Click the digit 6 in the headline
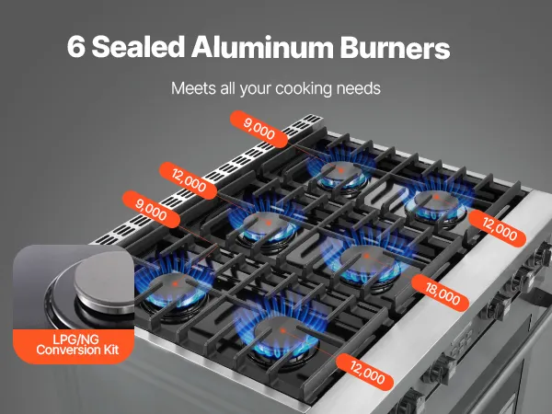coord(76,47)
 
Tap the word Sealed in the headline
coord(138,46)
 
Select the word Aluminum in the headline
coord(262,47)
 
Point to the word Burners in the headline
coord(395,47)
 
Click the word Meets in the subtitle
coord(193,88)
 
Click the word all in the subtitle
coord(228,88)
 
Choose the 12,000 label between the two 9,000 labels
coord(189,180)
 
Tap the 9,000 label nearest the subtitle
coord(259,129)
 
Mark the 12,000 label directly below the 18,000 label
coord(367,373)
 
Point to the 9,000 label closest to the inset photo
coord(151,209)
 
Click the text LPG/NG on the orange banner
coord(75,339)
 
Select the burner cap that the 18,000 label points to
coord(367,259)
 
